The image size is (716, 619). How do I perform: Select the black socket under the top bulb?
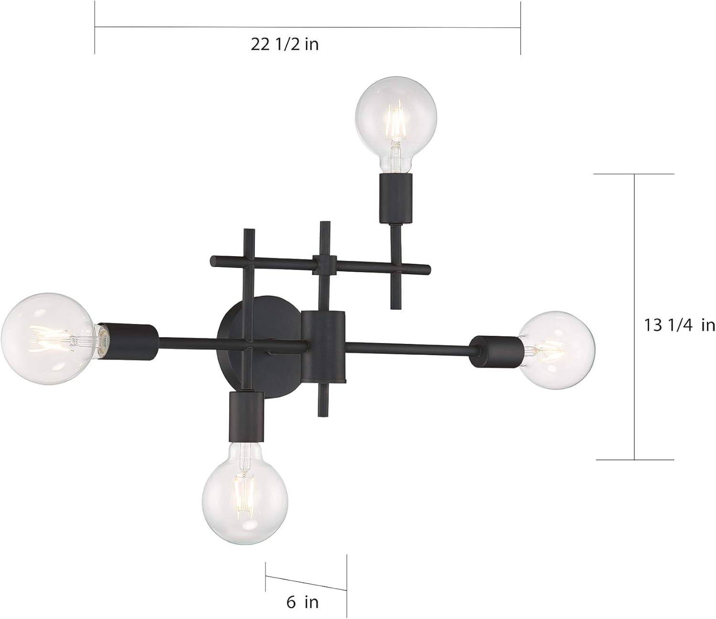[394, 198]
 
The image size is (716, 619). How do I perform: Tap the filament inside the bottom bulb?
[246, 482]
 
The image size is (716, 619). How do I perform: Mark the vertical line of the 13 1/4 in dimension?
[634, 317]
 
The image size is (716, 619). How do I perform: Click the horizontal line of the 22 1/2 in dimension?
[307, 27]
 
